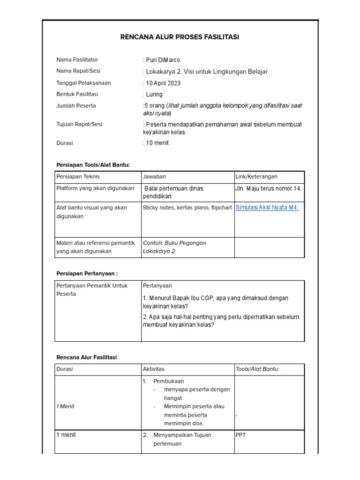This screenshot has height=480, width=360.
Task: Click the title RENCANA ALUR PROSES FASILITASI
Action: (180, 37)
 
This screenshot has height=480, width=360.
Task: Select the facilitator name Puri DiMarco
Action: (163, 60)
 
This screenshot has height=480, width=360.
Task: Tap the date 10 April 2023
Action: (163, 83)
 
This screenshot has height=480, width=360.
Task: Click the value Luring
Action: (154, 95)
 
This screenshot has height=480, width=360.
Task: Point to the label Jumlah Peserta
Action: (76, 106)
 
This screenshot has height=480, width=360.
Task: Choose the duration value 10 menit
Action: (157, 143)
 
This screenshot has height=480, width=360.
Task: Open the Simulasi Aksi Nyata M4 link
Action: (267, 208)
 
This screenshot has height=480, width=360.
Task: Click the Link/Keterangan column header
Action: (256, 177)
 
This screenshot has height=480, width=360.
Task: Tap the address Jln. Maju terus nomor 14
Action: (269, 188)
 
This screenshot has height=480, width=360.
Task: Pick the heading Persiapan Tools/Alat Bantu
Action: (93, 165)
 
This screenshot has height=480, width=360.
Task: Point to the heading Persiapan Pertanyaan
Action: (87, 273)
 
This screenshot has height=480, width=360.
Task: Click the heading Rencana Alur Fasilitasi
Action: (86, 357)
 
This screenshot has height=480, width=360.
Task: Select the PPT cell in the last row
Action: (240, 435)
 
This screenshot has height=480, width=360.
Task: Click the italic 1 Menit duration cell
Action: (65, 406)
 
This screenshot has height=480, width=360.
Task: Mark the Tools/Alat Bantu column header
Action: (257, 369)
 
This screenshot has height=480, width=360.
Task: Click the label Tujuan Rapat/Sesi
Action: (79, 125)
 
